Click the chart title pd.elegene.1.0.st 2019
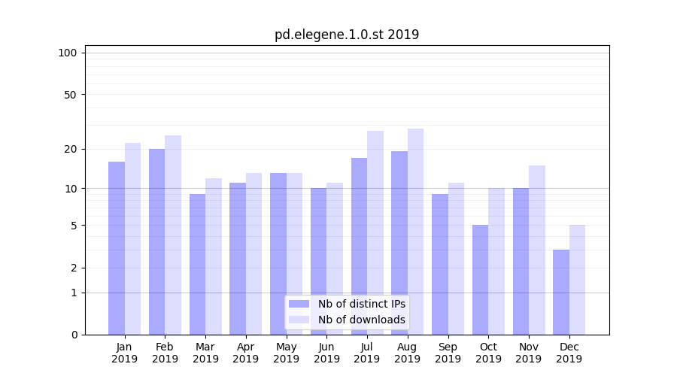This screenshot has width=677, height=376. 346,35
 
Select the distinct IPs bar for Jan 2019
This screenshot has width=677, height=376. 117,248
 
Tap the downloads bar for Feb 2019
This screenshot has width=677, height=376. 173,235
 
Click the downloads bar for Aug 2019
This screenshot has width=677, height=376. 415,232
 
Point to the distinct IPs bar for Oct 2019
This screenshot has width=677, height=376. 480,280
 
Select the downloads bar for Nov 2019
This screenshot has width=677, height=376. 537,250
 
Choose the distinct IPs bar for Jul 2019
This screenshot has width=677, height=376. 359,246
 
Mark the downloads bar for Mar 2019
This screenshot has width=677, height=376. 213,256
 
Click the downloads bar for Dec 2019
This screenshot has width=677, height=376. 577,280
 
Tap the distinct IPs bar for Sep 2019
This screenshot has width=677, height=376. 440,264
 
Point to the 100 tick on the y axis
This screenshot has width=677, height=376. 68,53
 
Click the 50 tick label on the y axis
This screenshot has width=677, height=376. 70,95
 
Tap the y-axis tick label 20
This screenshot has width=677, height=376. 70,149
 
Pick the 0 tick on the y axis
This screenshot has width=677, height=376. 74,335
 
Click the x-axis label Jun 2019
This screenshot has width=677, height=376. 326,353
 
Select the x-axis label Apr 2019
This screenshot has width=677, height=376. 246,353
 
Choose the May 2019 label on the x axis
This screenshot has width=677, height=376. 287,353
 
